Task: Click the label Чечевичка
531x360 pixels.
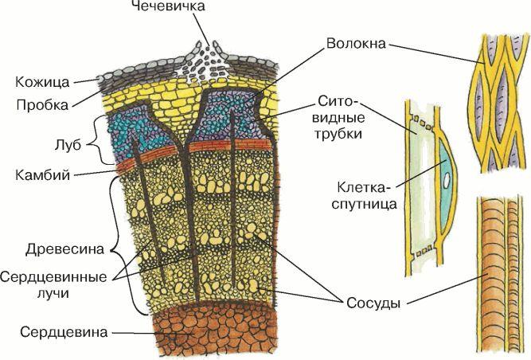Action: [168, 6]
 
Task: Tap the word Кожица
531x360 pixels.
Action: [42, 82]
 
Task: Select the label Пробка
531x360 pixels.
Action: [42, 104]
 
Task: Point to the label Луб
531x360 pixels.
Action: [68, 145]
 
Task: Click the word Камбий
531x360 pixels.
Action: [43, 175]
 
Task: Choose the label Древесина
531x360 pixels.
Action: [64, 249]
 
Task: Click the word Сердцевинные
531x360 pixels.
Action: [53, 276]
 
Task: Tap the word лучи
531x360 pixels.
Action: [53, 293]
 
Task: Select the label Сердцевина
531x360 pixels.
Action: [64, 332]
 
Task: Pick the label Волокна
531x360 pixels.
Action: [356, 44]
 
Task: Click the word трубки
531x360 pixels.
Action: [338, 134]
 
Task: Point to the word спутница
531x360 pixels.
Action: [364, 204]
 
